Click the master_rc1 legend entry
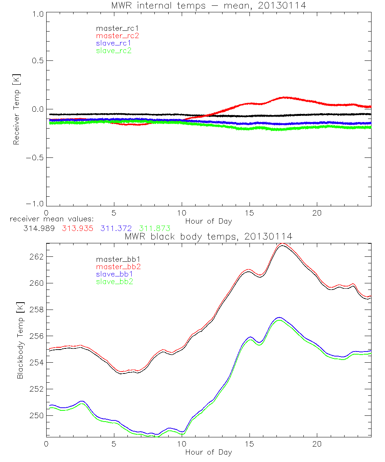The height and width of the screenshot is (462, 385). (114, 28)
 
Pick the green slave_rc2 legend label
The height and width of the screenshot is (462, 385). (114, 50)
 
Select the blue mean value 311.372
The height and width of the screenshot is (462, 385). (114, 228)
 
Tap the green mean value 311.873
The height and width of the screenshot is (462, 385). (155, 228)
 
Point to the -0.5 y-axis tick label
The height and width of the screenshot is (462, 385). (36, 158)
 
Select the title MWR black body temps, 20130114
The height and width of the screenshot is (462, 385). (208, 236)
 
